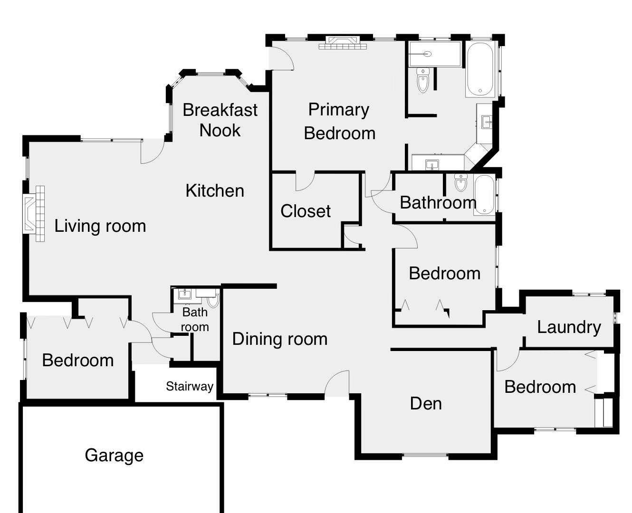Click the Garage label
point(114,456)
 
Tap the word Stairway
point(190,386)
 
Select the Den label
point(426,404)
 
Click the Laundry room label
point(569,328)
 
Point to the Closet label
point(306,211)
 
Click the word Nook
point(220,131)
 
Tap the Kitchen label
point(215,190)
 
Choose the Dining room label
point(280,339)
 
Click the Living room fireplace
point(34,214)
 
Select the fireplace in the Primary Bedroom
point(343,42)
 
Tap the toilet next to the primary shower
point(423,80)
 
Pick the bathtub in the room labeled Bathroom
point(484,195)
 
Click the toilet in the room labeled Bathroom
point(460,182)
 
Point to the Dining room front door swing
point(337,383)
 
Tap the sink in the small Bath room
point(184,294)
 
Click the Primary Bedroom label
point(339,121)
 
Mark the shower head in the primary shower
point(427,54)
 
